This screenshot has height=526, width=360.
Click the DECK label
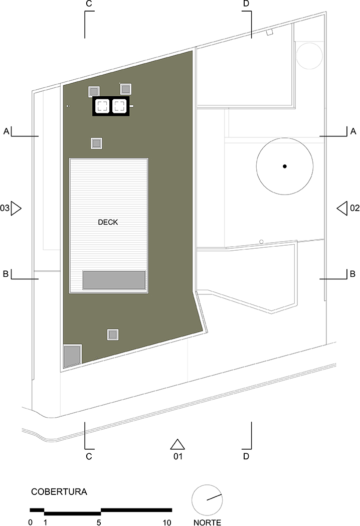(x=108, y=222)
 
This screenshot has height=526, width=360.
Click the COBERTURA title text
(x=59, y=492)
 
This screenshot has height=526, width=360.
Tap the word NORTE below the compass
(x=207, y=522)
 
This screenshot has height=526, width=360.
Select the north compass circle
(x=207, y=500)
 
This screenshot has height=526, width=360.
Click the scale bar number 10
(x=167, y=522)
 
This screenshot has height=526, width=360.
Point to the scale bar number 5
(x=99, y=522)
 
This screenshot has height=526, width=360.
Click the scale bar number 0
(x=31, y=522)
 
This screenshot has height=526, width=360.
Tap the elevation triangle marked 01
(x=177, y=444)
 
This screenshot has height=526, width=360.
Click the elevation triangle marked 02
(x=342, y=208)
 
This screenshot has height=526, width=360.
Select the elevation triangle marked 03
(x=16, y=208)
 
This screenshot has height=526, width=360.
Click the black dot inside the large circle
(x=284, y=166)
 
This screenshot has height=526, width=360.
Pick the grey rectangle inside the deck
(x=114, y=280)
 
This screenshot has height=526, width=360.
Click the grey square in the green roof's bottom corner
(x=72, y=356)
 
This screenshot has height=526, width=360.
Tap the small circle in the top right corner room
(x=309, y=56)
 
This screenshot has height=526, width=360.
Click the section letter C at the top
(x=89, y=4)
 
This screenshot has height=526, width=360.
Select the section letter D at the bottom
(x=246, y=456)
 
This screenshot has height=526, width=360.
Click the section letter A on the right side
(x=353, y=131)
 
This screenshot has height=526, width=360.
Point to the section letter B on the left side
(x=6, y=274)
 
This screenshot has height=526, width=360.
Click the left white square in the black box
(x=102, y=106)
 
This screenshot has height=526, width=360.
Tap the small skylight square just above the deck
(x=97, y=143)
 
